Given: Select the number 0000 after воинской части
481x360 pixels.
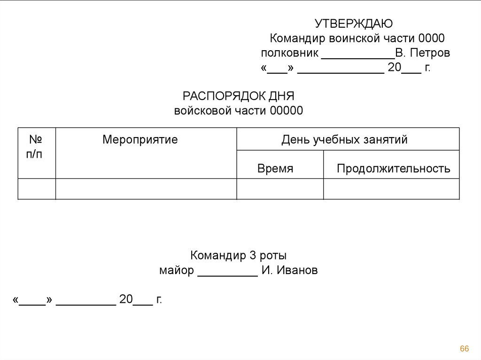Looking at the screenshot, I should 431,38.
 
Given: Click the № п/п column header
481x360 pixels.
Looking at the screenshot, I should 37,146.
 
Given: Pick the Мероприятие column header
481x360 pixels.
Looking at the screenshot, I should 140,139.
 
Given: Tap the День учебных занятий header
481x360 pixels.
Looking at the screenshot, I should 344,139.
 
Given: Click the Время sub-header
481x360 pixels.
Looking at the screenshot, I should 275,169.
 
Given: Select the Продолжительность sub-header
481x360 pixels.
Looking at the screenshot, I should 393,169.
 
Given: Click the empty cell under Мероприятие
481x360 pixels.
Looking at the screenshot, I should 146,189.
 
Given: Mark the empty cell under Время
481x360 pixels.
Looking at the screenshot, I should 279,189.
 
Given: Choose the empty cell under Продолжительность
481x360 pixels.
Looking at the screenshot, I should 391,189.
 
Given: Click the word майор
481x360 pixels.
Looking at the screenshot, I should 176,271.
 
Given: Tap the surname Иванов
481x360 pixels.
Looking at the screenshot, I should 296,271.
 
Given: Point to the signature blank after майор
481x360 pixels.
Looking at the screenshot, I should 227,273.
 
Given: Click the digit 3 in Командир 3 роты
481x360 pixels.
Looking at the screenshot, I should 252,256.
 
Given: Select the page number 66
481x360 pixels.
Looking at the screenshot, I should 465,348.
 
